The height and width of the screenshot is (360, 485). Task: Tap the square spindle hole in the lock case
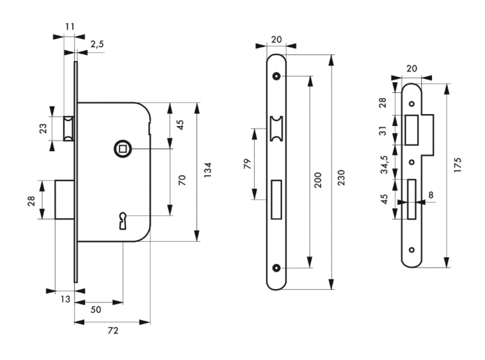(121, 149)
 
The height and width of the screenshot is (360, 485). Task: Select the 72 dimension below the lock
(112, 330)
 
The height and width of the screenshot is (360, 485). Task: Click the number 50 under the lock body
(96, 310)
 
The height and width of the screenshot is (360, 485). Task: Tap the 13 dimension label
(64, 300)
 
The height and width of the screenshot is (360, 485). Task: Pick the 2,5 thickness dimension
(97, 44)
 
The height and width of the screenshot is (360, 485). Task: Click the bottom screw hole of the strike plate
(411, 250)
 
